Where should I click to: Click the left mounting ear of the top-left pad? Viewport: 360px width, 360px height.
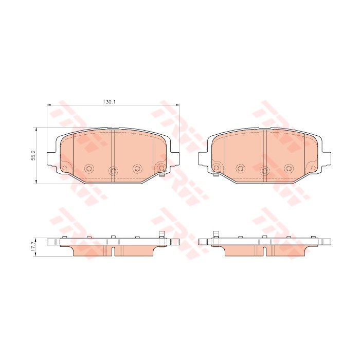(51, 158)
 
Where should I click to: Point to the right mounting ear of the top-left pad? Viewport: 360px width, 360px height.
(175, 158)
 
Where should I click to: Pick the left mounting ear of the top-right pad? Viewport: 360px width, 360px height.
(203, 158)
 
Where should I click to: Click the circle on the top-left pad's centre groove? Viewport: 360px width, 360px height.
(113, 170)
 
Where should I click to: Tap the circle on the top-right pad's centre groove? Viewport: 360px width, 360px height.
(264, 170)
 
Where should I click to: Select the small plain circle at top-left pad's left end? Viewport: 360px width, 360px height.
(64, 168)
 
